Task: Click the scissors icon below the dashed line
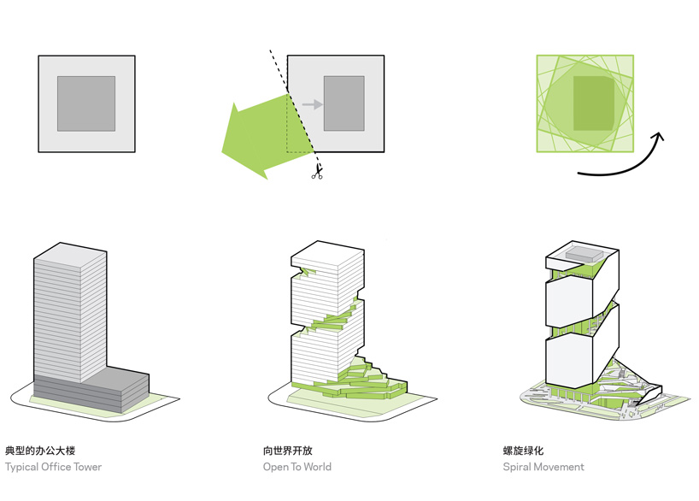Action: tap(317, 174)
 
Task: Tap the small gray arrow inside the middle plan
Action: tap(313, 104)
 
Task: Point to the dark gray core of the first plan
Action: tap(86, 103)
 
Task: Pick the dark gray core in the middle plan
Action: tap(344, 103)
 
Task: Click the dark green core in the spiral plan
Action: tap(593, 103)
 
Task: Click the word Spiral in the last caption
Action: tap(519, 467)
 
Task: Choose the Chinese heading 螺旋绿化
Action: tap(524, 450)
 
